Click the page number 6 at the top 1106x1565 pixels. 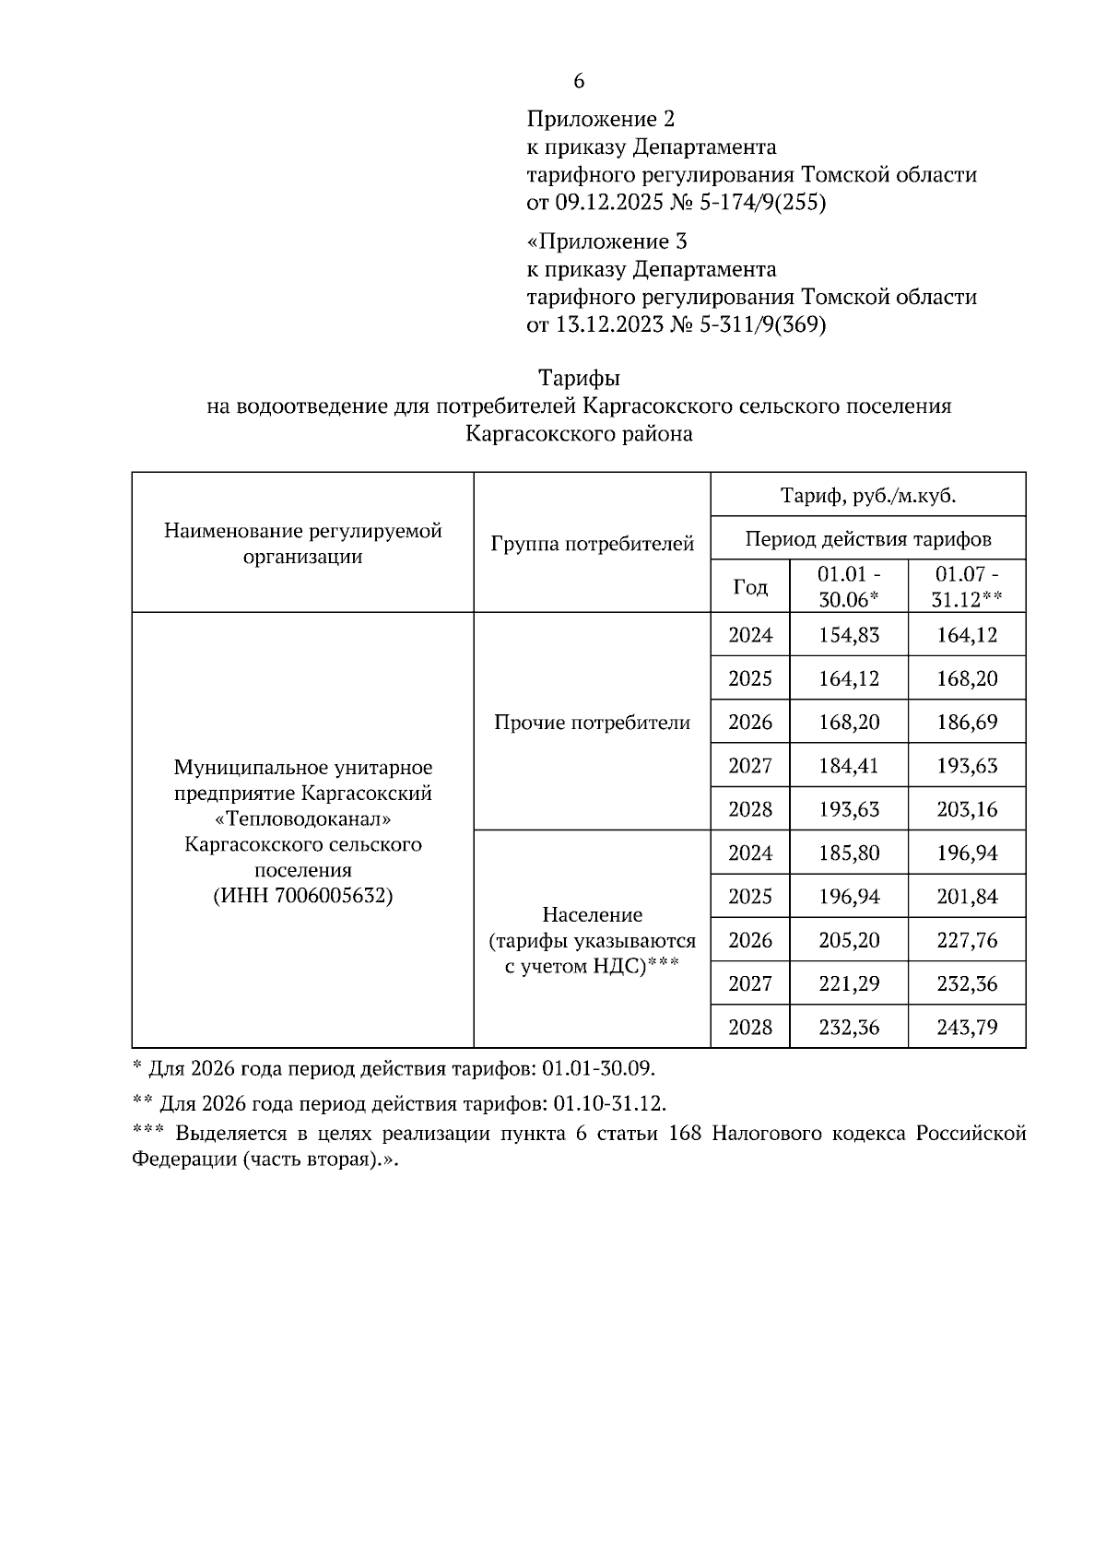coord(579,81)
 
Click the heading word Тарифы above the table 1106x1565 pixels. coord(579,379)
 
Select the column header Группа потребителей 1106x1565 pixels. coord(592,544)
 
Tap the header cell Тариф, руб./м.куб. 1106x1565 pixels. coord(867,496)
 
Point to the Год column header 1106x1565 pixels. coord(749,587)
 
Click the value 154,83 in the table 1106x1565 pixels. coord(848,635)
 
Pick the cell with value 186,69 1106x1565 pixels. coord(966,722)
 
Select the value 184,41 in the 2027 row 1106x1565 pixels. coord(848,765)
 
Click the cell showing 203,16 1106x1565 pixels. coord(966,809)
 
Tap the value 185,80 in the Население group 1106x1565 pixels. coord(848,853)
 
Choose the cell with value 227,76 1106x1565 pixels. coord(966,940)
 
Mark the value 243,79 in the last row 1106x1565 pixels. coord(966,1027)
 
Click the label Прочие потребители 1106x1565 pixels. coord(592,723)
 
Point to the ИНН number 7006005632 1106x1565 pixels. coord(333,896)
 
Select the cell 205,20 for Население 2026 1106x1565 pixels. coord(848,940)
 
